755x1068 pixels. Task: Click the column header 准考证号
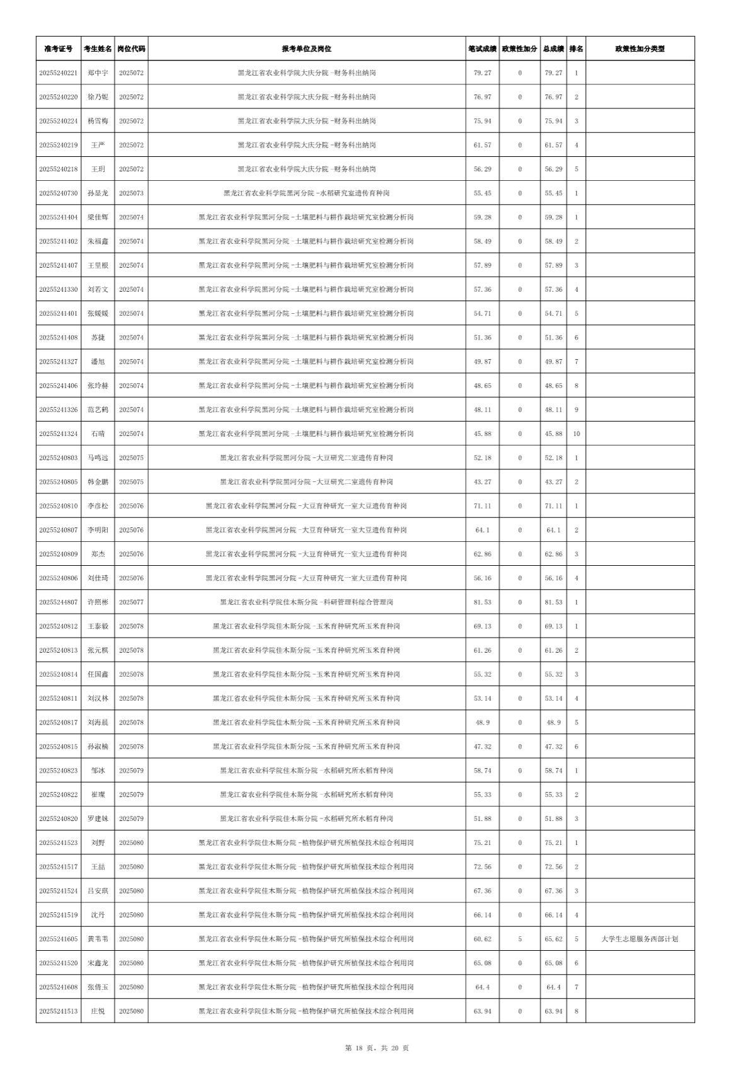[x=58, y=49]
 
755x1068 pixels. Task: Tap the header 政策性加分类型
[x=640, y=49]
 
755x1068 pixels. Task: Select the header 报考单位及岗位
[x=306, y=49]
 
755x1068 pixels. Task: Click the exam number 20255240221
[x=58, y=73]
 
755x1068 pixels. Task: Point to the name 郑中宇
[x=98, y=73]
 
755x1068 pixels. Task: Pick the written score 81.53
[x=482, y=602]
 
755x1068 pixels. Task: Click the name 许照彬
[x=98, y=602]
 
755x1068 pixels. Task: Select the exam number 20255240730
[x=58, y=193]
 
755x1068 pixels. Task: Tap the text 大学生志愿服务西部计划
[x=640, y=939]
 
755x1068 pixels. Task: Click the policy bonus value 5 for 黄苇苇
[x=520, y=939]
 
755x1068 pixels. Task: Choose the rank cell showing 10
[x=576, y=434]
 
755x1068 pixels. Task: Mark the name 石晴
[x=98, y=434]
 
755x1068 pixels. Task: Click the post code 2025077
[x=131, y=602]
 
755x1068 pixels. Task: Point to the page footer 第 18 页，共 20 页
[x=377, y=1048]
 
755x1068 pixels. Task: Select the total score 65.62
[x=553, y=939]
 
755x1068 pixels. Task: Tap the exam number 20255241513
[x=58, y=1011]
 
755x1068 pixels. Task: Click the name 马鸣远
[x=98, y=458]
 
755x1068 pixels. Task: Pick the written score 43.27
[x=482, y=482]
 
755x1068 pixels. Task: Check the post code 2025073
[x=131, y=193]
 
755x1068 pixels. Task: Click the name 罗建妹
[x=98, y=818]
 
